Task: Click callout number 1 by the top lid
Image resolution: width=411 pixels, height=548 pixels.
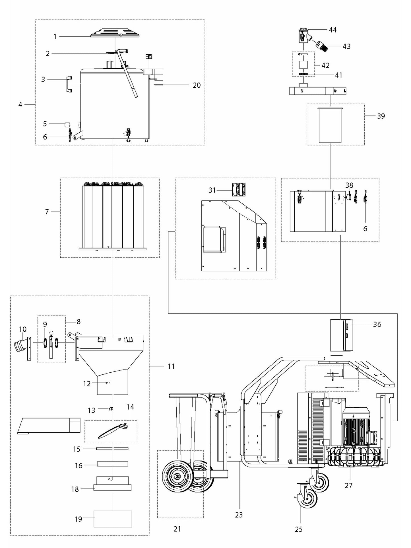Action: click(x=55, y=36)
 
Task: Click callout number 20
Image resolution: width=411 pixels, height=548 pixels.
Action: click(x=197, y=85)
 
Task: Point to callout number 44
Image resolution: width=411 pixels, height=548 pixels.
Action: click(x=332, y=30)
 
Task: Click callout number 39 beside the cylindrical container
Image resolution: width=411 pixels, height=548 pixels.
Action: click(x=381, y=116)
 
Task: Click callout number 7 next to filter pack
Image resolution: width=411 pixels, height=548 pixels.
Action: click(x=47, y=212)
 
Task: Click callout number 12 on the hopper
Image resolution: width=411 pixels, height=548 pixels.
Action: click(x=87, y=384)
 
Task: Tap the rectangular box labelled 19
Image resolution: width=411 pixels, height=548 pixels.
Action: click(x=113, y=519)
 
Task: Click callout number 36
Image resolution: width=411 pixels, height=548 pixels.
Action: click(x=377, y=324)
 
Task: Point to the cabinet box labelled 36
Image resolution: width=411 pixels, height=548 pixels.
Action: click(x=341, y=335)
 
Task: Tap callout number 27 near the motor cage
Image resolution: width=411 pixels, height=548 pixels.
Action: click(x=348, y=485)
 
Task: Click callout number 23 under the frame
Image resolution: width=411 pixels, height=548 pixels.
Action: click(x=239, y=515)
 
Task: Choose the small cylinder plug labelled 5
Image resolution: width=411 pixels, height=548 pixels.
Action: click(x=68, y=124)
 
